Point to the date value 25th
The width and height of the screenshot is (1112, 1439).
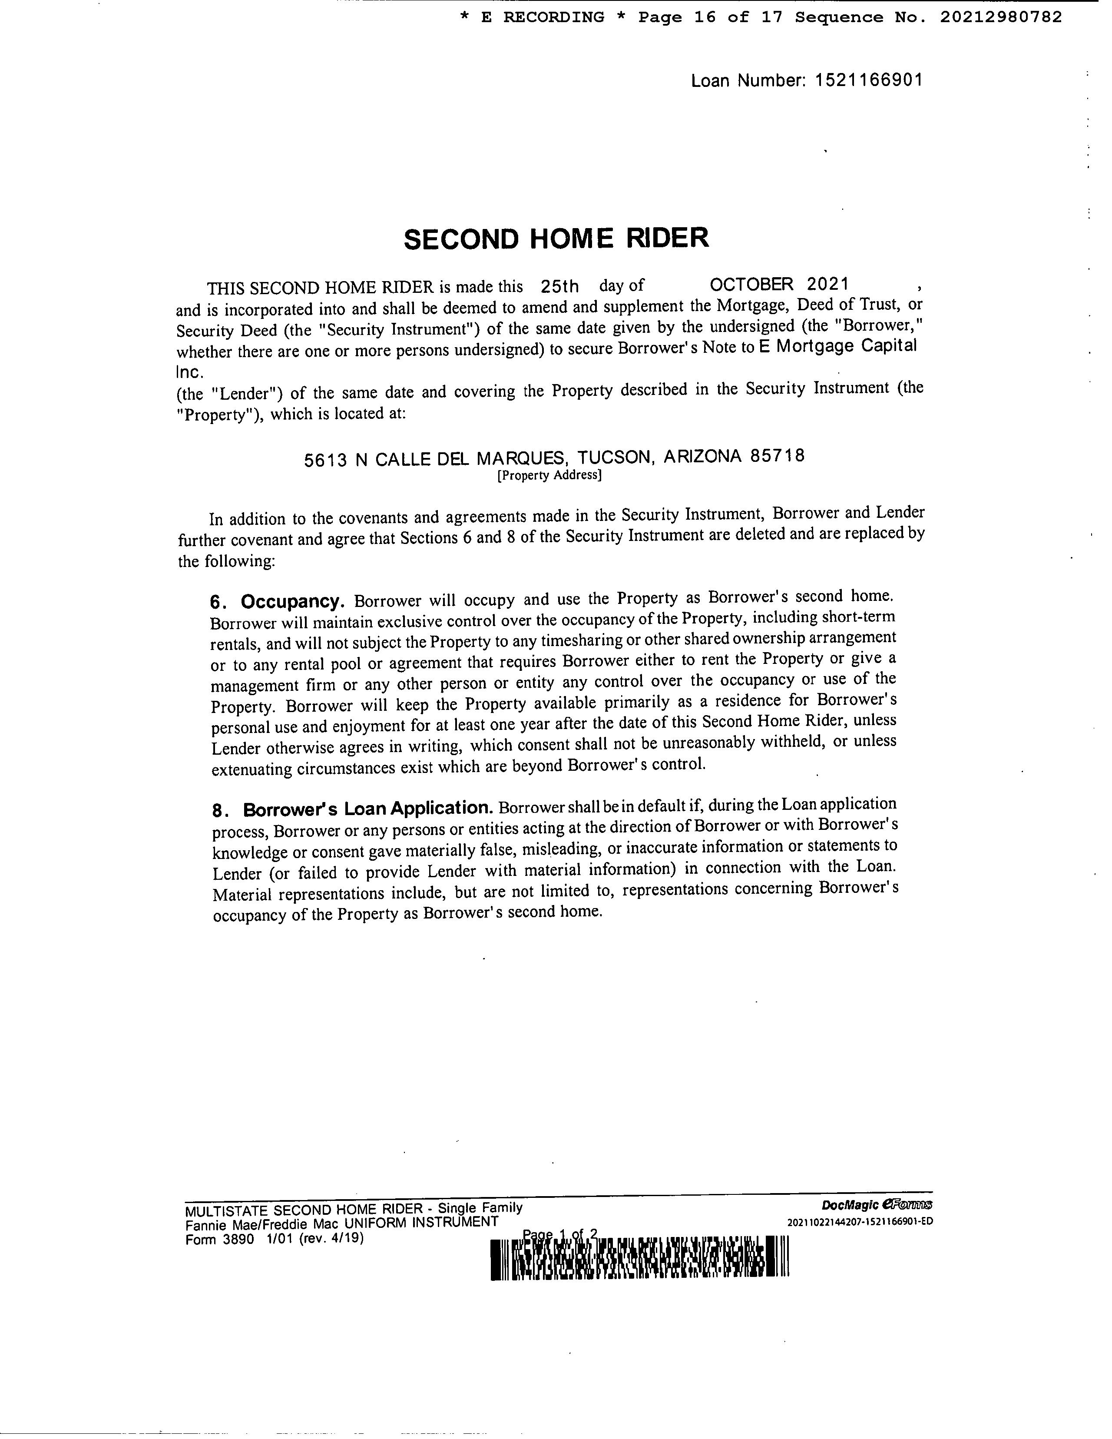point(559,287)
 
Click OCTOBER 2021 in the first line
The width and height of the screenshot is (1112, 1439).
point(779,285)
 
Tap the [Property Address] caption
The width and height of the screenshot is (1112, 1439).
point(549,475)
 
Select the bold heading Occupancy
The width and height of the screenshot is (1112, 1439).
point(292,602)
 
